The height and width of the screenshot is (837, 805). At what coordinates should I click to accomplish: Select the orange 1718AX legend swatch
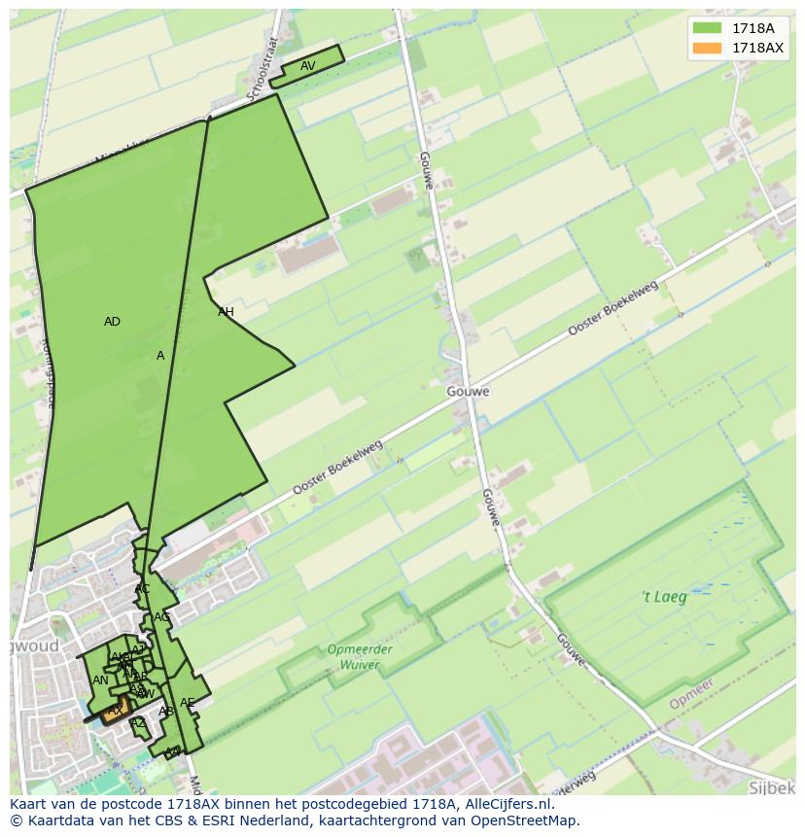pos(708,48)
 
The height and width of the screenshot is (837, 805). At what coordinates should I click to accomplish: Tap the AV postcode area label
pos(307,66)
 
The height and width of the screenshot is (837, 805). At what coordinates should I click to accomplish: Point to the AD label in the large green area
pos(112,322)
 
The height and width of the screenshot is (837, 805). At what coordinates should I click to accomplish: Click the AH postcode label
pos(226,312)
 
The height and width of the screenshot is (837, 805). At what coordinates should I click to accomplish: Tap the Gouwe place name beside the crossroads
pos(469,392)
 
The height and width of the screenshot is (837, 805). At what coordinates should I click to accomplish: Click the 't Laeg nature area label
pos(664,597)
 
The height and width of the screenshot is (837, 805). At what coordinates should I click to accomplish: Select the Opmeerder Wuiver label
pos(360,657)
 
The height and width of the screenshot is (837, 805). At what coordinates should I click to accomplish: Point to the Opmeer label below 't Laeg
pos(691,693)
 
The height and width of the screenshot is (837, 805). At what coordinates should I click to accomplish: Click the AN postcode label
pos(100,680)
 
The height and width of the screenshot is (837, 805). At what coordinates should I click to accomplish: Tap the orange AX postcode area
pos(115,711)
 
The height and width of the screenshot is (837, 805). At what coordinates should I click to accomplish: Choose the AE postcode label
pos(187,703)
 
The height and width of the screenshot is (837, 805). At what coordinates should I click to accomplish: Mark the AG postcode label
pos(161,617)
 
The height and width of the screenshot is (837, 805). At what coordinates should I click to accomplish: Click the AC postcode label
pos(142,589)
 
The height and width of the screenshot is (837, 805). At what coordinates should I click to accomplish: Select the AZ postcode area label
pos(138,722)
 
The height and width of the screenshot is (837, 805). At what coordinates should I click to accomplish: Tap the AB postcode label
pos(166,712)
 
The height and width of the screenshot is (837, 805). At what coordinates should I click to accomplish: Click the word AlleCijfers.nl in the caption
pos(504,804)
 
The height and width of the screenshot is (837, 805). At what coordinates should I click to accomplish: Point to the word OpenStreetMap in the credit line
pos(524,820)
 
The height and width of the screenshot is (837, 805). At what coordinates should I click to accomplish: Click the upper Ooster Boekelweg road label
pos(612,310)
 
